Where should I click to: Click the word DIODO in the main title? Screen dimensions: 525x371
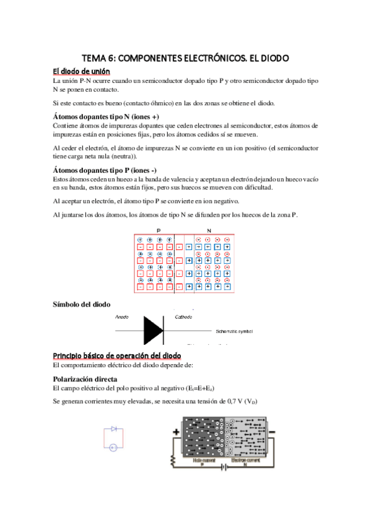pyautogui.click(x=271, y=58)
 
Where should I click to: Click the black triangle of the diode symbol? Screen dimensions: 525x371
pyautogui.click(x=153, y=330)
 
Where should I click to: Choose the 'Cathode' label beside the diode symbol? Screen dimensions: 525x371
pyautogui.click(x=183, y=317)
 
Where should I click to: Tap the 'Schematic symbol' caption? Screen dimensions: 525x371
pyautogui.click(x=235, y=332)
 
